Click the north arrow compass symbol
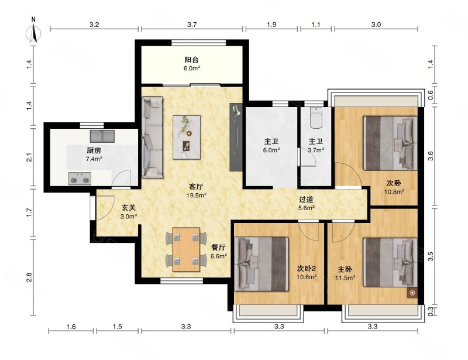pos(33,32)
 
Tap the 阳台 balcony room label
pos(192,60)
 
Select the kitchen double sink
pos(102,136)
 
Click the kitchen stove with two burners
pos(80,179)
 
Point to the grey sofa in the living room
pos(152,138)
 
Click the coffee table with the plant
pos(187,137)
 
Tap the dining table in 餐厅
pos(186,249)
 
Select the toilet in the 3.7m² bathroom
pos(316,118)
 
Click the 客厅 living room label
pos(196,187)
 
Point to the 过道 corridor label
pos(306,200)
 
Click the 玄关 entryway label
pos(129,207)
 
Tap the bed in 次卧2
pos(261,264)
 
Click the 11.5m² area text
pos(345,278)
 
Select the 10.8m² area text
pos(394,192)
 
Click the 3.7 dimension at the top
pos(192,25)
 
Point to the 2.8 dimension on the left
pos(29,277)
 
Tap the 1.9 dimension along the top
pos(271,25)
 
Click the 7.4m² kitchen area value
pos(94,159)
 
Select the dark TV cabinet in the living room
pos(236,137)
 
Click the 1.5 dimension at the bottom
pos(118,327)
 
